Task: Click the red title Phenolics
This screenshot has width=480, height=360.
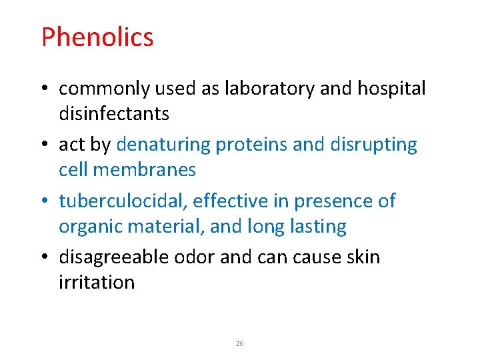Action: [x=97, y=37]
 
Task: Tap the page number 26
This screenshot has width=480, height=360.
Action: [x=240, y=343]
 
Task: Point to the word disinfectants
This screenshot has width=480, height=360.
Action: [x=114, y=114]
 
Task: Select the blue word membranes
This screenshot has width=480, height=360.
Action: [x=145, y=170]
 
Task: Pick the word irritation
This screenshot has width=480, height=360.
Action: [x=97, y=282]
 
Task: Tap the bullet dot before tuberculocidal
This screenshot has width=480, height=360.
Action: [x=45, y=201]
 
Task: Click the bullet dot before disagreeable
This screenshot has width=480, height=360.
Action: [x=45, y=257]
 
